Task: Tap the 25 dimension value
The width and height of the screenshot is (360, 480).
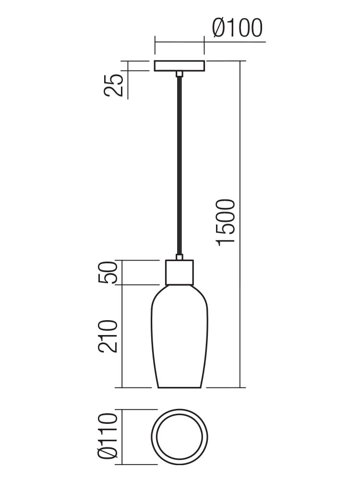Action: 113,85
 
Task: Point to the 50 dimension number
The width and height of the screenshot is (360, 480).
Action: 108,273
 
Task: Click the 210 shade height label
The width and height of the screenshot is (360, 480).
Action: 108,336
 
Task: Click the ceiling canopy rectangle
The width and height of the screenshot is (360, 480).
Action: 179,66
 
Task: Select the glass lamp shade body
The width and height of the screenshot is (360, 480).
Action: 180,336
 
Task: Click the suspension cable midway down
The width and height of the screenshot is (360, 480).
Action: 180,165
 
